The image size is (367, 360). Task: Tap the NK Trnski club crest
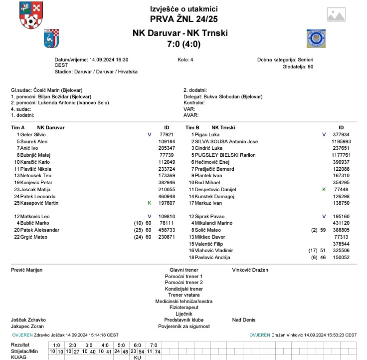(x=316, y=38)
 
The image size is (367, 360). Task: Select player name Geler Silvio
(x=33, y=135)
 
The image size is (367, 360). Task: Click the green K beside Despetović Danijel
(x=324, y=190)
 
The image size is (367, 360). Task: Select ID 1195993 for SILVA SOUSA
(x=340, y=142)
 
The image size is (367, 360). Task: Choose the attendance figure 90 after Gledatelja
(x=310, y=66)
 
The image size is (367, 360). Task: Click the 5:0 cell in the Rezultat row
(x=122, y=345)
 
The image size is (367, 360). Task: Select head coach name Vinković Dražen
(x=250, y=270)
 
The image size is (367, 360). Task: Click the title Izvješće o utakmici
(x=183, y=9)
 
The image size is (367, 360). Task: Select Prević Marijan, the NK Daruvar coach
(x=26, y=270)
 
